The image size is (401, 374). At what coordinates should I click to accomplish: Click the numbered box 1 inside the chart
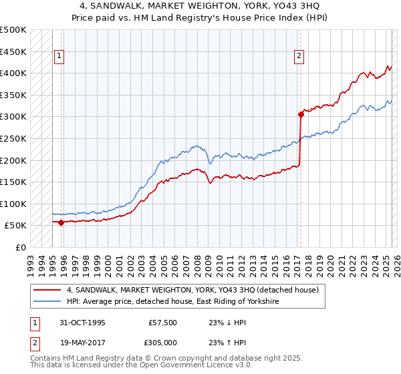tap(60, 57)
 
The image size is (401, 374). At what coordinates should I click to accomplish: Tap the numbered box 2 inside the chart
tap(299, 57)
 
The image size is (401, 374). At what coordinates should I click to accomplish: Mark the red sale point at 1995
tap(61, 222)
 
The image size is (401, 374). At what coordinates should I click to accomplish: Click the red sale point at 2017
tap(301, 114)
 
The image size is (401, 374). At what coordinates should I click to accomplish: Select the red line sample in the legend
tap(47, 290)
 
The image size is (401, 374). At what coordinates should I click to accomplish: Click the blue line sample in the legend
tap(47, 302)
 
